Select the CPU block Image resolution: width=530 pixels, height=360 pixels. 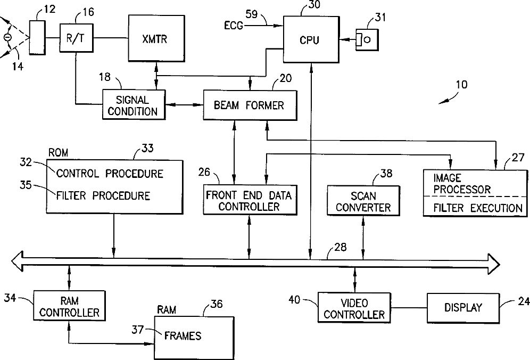coord(311,39)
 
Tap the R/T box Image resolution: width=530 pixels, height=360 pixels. coord(77,38)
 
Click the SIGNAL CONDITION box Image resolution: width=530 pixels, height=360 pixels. coord(134,104)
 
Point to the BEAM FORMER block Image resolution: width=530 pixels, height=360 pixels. coord(250,105)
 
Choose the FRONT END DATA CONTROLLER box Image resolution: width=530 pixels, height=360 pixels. coord(250,200)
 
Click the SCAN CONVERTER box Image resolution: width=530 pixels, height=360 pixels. coord(363,201)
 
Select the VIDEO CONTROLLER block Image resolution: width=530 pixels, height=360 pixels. coord(354,308)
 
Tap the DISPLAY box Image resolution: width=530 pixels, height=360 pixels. coord(463,308)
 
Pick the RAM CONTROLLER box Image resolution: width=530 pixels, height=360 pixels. coord(69,305)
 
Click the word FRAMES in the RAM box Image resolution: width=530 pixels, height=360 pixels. coord(183,336)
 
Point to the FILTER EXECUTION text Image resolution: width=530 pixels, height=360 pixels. coord(478,208)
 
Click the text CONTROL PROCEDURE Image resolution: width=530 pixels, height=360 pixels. coord(110,174)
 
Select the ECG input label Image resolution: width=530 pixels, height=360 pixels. coord(234,25)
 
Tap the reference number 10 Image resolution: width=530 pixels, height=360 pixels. coord(462,84)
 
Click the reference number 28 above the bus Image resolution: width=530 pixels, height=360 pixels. coord(341,247)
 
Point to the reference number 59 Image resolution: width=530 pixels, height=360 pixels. coord(251,14)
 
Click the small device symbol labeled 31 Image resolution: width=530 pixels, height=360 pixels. coord(367,39)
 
